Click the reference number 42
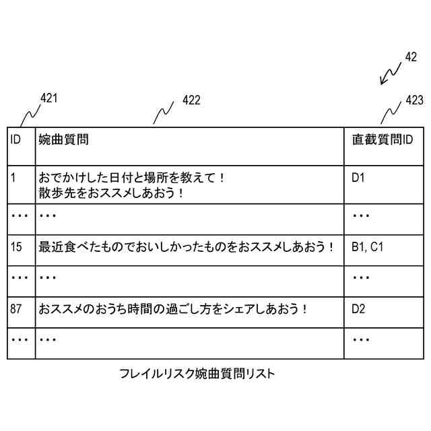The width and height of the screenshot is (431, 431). (411, 57)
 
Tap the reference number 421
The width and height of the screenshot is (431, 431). (49, 98)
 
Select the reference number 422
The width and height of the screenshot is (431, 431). (191, 100)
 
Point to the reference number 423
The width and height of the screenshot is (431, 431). (414, 100)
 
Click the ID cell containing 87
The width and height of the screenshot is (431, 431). (17, 309)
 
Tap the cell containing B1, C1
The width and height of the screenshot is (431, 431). (368, 247)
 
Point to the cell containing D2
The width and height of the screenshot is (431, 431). (358, 309)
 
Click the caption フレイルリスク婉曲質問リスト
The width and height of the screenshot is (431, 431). (197, 374)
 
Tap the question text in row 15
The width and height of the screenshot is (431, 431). (187, 247)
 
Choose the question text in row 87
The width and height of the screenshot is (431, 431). (173, 309)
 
